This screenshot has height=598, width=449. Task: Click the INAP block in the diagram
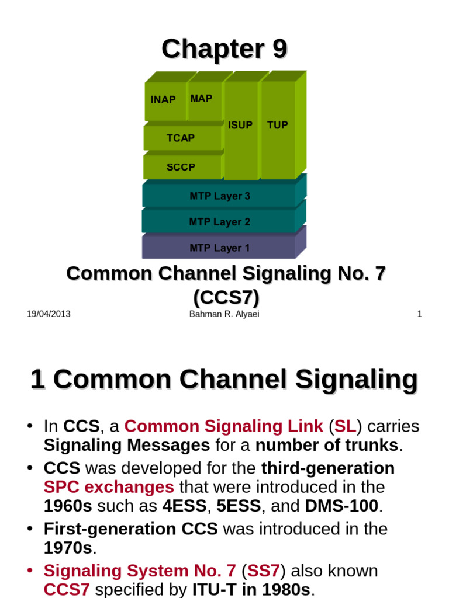[x=163, y=100]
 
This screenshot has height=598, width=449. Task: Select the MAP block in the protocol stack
[x=201, y=99]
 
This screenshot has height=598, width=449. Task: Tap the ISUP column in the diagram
[x=240, y=125]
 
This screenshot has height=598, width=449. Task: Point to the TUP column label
[x=277, y=125]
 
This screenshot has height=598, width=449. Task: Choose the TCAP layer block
[x=181, y=138]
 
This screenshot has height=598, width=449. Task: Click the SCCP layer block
[x=181, y=167]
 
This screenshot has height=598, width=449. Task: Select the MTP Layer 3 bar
[x=219, y=196]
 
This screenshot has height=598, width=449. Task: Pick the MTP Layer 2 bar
[x=219, y=222]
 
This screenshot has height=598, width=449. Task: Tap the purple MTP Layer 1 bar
[x=219, y=248]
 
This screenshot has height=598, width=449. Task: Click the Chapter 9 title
[x=224, y=49]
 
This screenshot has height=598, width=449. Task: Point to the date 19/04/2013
[x=49, y=314]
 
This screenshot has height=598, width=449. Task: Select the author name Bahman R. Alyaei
[x=224, y=314]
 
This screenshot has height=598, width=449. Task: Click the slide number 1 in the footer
[x=419, y=314]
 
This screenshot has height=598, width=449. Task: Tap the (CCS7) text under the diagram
[x=226, y=298]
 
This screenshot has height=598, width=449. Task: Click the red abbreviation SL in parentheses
[x=345, y=426]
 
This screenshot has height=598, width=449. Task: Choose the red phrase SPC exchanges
[x=109, y=487]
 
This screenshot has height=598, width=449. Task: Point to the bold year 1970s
[x=68, y=548]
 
